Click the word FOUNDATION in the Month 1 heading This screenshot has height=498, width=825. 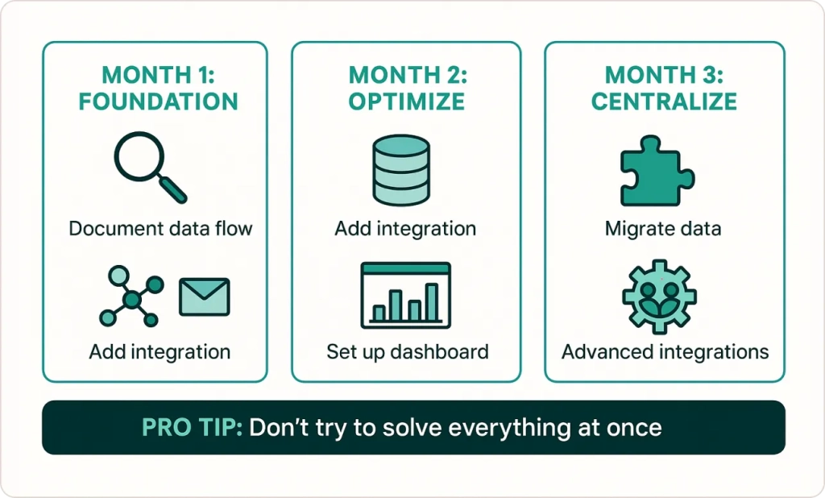tap(159, 102)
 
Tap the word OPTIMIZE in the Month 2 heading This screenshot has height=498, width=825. tap(407, 102)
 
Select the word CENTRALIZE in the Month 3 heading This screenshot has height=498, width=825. tap(664, 102)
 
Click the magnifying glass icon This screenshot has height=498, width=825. tap(150, 167)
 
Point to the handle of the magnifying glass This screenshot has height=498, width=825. tap(173, 189)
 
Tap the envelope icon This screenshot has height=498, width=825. tap(205, 297)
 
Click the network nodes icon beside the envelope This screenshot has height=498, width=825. tap(131, 297)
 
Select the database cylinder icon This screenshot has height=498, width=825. tap(401, 170)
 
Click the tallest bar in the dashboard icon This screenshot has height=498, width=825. tap(432, 302)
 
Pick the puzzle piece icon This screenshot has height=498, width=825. tap(657, 171)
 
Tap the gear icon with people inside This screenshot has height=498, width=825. tap(660, 297)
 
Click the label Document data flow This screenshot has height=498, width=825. tap(160, 229)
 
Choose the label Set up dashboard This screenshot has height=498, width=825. tap(407, 351)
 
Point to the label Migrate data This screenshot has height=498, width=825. tap(663, 229)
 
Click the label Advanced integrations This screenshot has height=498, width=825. tap(665, 351)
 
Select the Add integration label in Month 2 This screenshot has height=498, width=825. tap(405, 229)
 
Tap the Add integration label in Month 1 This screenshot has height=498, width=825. tap(160, 351)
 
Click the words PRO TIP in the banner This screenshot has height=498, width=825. tap(192, 427)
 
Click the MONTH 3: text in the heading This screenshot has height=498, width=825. tap(664, 75)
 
